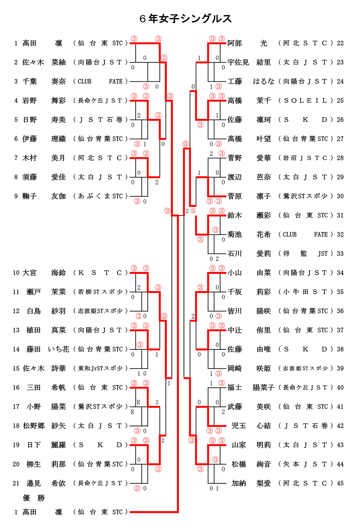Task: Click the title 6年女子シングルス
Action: click(x=186, y=19)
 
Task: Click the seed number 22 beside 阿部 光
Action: click(x=340, y=43)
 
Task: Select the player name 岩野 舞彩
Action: click(x=44, y=101)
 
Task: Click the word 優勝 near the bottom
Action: click(x=34, y=498)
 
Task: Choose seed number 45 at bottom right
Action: click(x=340, y=483)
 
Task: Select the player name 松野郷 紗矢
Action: click(x=44, y=426)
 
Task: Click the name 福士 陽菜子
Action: click(x=251, y=388)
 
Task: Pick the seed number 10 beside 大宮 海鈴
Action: click(x=16, y=273)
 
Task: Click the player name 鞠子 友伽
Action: click(x=44, y=196)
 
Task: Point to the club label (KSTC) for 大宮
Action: click(x=100, y=273)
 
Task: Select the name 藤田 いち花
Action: click(x=47, y=349)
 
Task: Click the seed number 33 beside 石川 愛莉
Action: click(x=340, y=254)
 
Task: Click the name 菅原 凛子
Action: click(x=249, y=196)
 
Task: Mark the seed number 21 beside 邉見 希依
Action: click(x=16, y=483)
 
